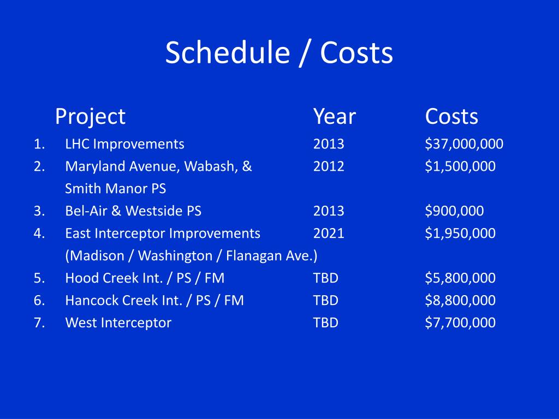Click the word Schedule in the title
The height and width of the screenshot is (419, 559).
[228, 52]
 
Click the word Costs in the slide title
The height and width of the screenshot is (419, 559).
[356, 52]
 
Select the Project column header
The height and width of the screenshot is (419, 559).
[90, 117]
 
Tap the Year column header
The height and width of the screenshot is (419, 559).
[335, 117]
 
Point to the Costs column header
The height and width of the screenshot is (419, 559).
[451, 117]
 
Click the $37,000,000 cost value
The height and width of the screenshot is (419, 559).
[464, 144]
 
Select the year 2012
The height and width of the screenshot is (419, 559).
[329, 166]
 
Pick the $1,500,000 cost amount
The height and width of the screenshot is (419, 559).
[460, 166]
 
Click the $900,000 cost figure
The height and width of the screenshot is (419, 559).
[454, 211]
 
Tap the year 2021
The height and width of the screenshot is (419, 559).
[329, 234]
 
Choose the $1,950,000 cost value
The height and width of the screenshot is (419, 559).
[460, 234]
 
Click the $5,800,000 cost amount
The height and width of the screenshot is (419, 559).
[460, 278]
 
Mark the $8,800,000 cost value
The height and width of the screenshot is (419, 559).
[460, 301]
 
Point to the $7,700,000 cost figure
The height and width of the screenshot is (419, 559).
[460, 323]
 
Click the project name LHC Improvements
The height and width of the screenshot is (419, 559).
[125, 144]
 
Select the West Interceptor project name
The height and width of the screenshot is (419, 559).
[118, 323]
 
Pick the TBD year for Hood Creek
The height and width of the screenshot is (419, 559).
[325, 278]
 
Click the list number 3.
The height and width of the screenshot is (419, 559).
[39, 211]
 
